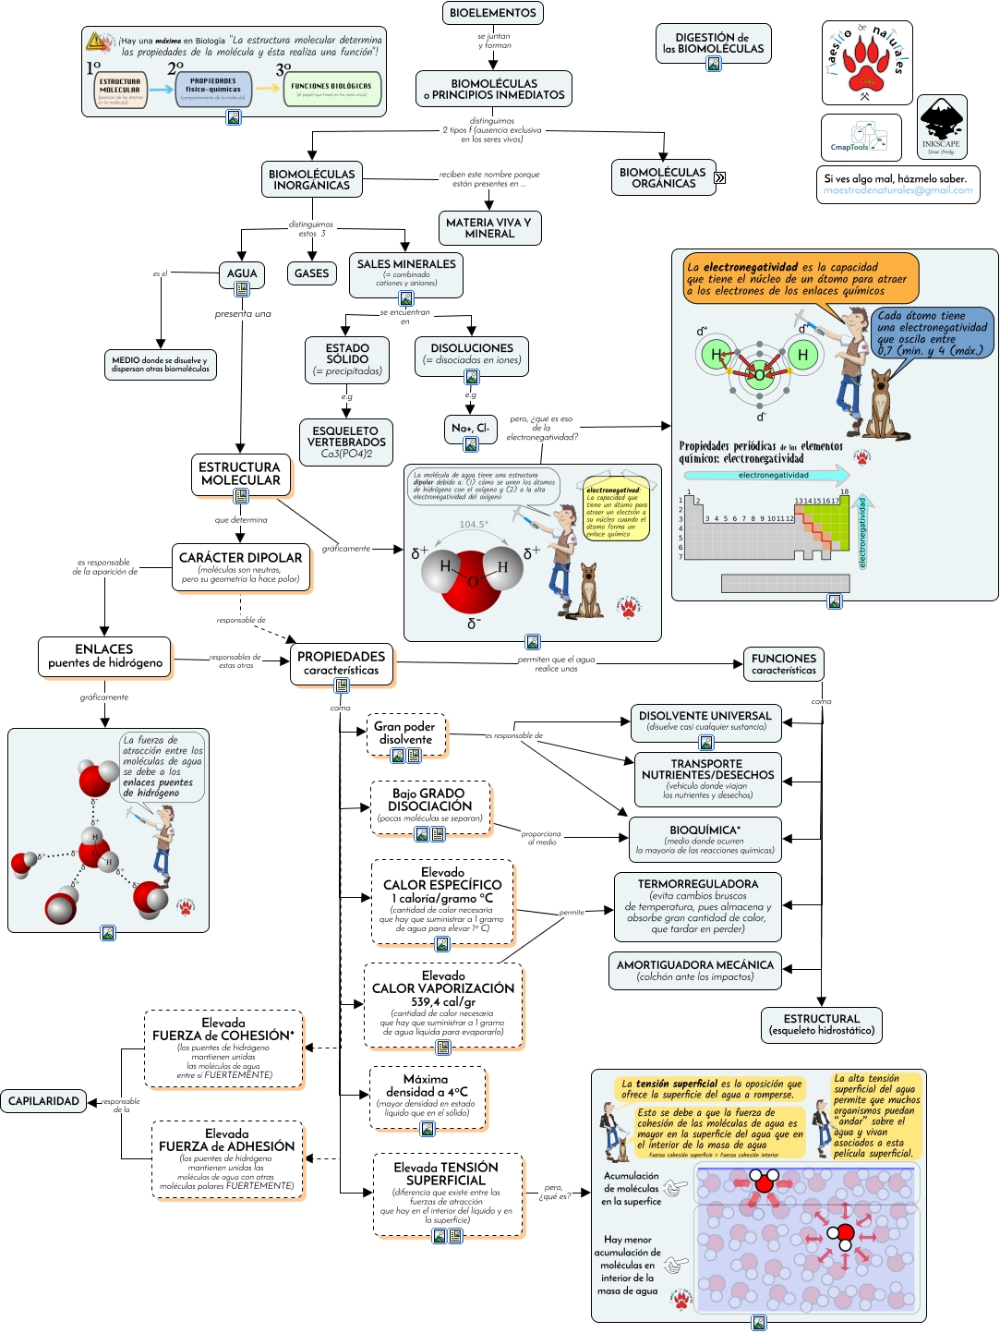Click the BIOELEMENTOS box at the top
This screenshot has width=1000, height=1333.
493,13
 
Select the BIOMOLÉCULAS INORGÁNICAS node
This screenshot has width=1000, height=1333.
311,179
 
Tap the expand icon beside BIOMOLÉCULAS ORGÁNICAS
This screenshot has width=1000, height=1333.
720,177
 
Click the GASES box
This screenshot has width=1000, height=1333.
312,273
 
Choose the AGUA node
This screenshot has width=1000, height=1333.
242,273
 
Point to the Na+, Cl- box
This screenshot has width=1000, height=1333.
471,428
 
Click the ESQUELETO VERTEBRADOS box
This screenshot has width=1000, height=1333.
346,442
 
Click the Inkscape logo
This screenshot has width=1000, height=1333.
942,126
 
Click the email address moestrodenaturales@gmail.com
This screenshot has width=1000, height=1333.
898,190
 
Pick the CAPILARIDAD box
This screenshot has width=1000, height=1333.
43,1100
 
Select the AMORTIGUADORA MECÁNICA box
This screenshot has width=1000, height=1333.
695,970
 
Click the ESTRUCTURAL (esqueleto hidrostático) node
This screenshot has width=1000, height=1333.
821,1024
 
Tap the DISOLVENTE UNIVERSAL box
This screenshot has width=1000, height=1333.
705,721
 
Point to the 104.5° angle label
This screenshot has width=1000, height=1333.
474,524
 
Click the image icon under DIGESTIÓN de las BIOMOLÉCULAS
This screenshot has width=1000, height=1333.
714,64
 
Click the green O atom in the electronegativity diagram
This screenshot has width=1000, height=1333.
759,374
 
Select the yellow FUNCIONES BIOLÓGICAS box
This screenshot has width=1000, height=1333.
331,89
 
